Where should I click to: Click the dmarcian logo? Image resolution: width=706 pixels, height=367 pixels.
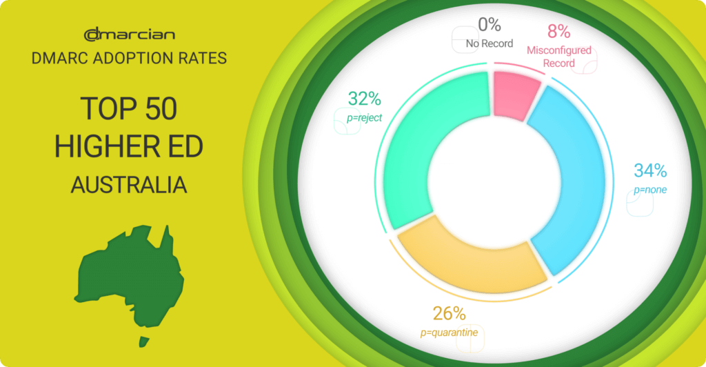[x=129, y=34]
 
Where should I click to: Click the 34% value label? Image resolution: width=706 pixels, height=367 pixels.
[x=650, y=170]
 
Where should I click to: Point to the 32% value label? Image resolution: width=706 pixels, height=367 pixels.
[x=365, y=99]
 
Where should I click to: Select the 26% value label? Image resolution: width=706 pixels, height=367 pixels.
[x=449, y=313]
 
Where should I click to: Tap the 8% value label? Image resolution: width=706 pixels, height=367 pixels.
[x=558, y=31]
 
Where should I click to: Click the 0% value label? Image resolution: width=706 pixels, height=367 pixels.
[x=490, y=24]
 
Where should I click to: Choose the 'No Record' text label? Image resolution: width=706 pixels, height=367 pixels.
[x=490, y=43]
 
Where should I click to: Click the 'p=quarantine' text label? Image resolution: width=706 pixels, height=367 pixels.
[x=449, y=333]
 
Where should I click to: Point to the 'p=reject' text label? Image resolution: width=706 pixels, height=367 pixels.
[x=364, y=118]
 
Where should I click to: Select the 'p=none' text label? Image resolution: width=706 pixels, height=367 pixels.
[x=650, y=190]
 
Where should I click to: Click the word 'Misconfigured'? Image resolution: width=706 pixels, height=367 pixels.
[x=558, y=50]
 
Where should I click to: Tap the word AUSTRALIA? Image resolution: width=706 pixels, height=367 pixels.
[x=129, y=185]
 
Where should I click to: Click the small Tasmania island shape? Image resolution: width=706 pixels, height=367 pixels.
[x=144, y=341]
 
